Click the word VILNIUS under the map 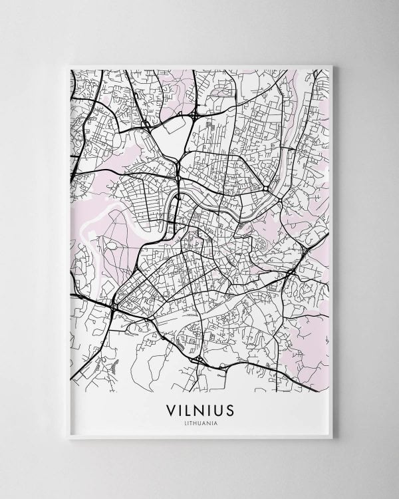click(x=200, y=409)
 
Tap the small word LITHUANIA click(x=200, y=422)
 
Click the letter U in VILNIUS click(x=218, y=409)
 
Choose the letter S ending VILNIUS click(x=229, y=409)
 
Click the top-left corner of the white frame click(x=68, y=65)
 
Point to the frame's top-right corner click(x=332, y=65)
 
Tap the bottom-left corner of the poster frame click(x=68, y=438)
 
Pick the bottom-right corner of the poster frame click(x=332, y=438)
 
